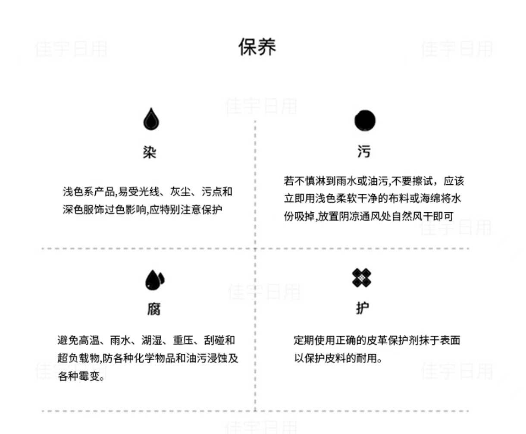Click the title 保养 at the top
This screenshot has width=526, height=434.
coord(257,47)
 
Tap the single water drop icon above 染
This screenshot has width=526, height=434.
coord(151,119)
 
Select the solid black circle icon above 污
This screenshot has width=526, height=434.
coord(365,120)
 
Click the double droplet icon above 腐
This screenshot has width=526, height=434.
coord(154,280)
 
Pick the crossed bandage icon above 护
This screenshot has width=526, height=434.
coord(361,278)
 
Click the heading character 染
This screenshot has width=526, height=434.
coord(150,152)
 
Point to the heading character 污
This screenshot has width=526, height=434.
coord(363,151)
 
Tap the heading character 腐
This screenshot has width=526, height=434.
coord(154,309)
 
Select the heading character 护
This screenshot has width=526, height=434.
coord(362,308)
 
